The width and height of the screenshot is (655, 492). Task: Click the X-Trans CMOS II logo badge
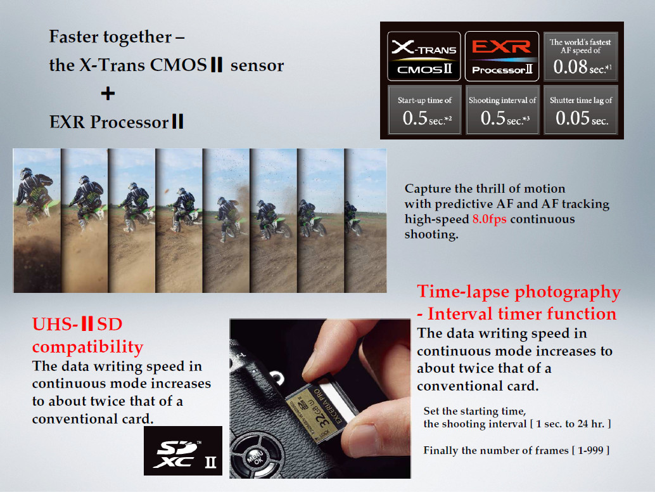[x=424, y=56]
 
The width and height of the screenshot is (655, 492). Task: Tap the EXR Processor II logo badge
[x=502, y=56]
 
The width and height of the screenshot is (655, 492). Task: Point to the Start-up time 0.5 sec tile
[x=424, y=110]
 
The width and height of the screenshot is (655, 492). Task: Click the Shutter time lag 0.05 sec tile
[x=580, y=110]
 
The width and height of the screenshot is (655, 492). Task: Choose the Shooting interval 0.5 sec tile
[x=502, y=110]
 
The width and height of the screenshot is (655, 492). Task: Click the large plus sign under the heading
[x=108, y=93]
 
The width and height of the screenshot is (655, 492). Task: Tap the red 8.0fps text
[x=489, y=219]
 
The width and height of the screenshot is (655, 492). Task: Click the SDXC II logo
[x=183, y=451]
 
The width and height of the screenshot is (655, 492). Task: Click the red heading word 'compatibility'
[x=87, y=347]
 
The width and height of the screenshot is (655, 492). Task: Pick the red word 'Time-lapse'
[x=463, y=292]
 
